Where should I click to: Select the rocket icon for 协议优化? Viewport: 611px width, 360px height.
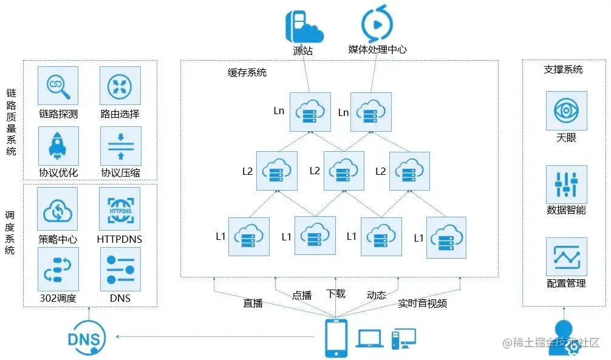pos(58,146)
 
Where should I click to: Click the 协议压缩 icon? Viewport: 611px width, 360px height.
pos(120,146)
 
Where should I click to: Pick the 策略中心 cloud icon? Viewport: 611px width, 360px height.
pos(58,209)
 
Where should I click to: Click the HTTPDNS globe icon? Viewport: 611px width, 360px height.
pos(120,209)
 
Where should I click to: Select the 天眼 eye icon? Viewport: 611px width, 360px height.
pos(566,112)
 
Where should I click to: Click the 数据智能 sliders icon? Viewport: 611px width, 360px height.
pos(566,185)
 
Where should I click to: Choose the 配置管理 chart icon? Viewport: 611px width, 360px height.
pos(566,257)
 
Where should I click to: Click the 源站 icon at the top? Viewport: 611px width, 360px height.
pos(304,26)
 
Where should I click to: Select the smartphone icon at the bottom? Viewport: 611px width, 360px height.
pos(336,338)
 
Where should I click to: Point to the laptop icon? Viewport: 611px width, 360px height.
pos(370,339)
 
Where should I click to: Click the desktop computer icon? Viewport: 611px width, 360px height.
pos(403,339)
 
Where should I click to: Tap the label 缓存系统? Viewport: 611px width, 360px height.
pos(247,73)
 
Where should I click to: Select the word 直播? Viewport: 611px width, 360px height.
pos(253,303)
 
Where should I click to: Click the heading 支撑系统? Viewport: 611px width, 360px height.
pos(563,69)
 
